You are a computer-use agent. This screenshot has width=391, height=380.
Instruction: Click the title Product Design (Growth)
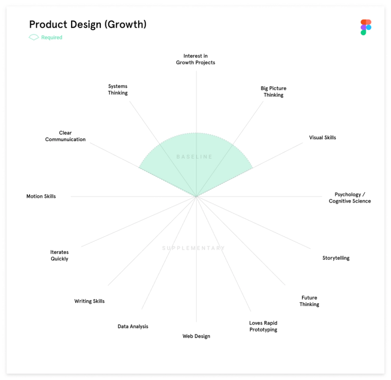pyautogui.click(x=88, y=24)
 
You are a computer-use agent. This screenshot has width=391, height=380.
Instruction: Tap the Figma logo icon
pyautogui.click(x=366, y=27)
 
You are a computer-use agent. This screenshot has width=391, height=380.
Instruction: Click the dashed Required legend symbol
pyautogui.click(x=34, y=37)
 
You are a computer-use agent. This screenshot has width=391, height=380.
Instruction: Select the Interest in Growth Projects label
pyautogui.click(x=195, y=59)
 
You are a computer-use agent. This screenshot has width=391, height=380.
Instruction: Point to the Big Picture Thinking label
pyautogui.click(x=273, y=91)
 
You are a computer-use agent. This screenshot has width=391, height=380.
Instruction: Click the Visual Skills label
pyautogui.click(x=322, y=138)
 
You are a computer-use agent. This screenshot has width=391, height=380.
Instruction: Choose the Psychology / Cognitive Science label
pyautogui.click(x=350, y=198)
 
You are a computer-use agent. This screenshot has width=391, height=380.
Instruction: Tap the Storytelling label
pyautogui.click(x=336, y=258)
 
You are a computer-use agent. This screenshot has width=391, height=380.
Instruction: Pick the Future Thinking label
pyautogui.click(x=309, y=301)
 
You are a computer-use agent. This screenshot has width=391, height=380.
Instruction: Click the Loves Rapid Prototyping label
pyautogui.click(x=263, y=326)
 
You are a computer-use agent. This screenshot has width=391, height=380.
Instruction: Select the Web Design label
pyautogui.click(x=196, y=336)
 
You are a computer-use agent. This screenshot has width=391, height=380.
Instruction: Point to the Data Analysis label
pyautogui.click(x=133, y=326)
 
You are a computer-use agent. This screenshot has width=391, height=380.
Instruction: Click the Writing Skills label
pyautogui.click(x=89, y=301)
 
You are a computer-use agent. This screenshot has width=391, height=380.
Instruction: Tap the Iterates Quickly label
pyautogui.click(x=59, y=255)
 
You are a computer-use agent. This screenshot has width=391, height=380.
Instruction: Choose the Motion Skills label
pyautogui.click(x=41, y=197)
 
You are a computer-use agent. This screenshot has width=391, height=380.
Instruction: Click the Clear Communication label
pyautogui.click(x=65, y=136)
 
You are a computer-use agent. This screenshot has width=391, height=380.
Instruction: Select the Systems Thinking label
pyautogui.click(x=118, y=90)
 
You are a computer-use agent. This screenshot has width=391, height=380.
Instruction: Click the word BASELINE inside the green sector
pyautogui.click(x=195, y=157)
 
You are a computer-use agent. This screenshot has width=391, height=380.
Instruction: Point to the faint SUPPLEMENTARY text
pyautogui.click(x=194, y=248)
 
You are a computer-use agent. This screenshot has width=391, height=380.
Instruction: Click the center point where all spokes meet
pyautogui.click(x=196, y=197)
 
